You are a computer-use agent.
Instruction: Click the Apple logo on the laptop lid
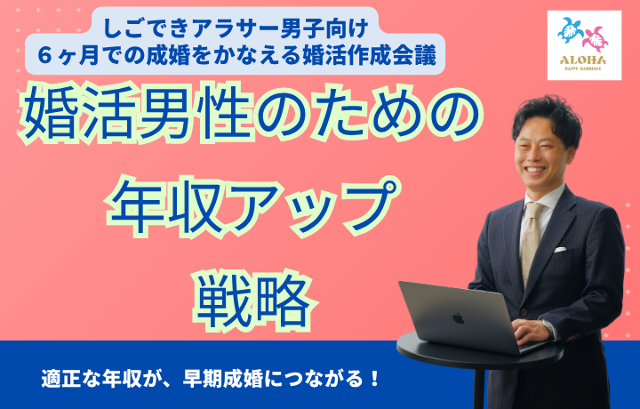click(x=459, y=318)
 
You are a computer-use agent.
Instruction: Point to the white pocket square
click(x=560, y=249)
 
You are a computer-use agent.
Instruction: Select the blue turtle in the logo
click(x=571, y=30)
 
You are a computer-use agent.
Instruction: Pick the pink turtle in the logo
click(x=596, y=39)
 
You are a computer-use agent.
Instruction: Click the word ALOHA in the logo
click(x=583, y=60)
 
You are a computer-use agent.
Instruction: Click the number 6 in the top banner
click(x=45, y=55)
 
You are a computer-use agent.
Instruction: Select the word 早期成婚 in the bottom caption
click(x=223, y=379)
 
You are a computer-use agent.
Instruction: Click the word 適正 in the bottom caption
click(x=61, y=379)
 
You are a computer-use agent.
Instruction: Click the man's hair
click(x=547, y=116)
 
